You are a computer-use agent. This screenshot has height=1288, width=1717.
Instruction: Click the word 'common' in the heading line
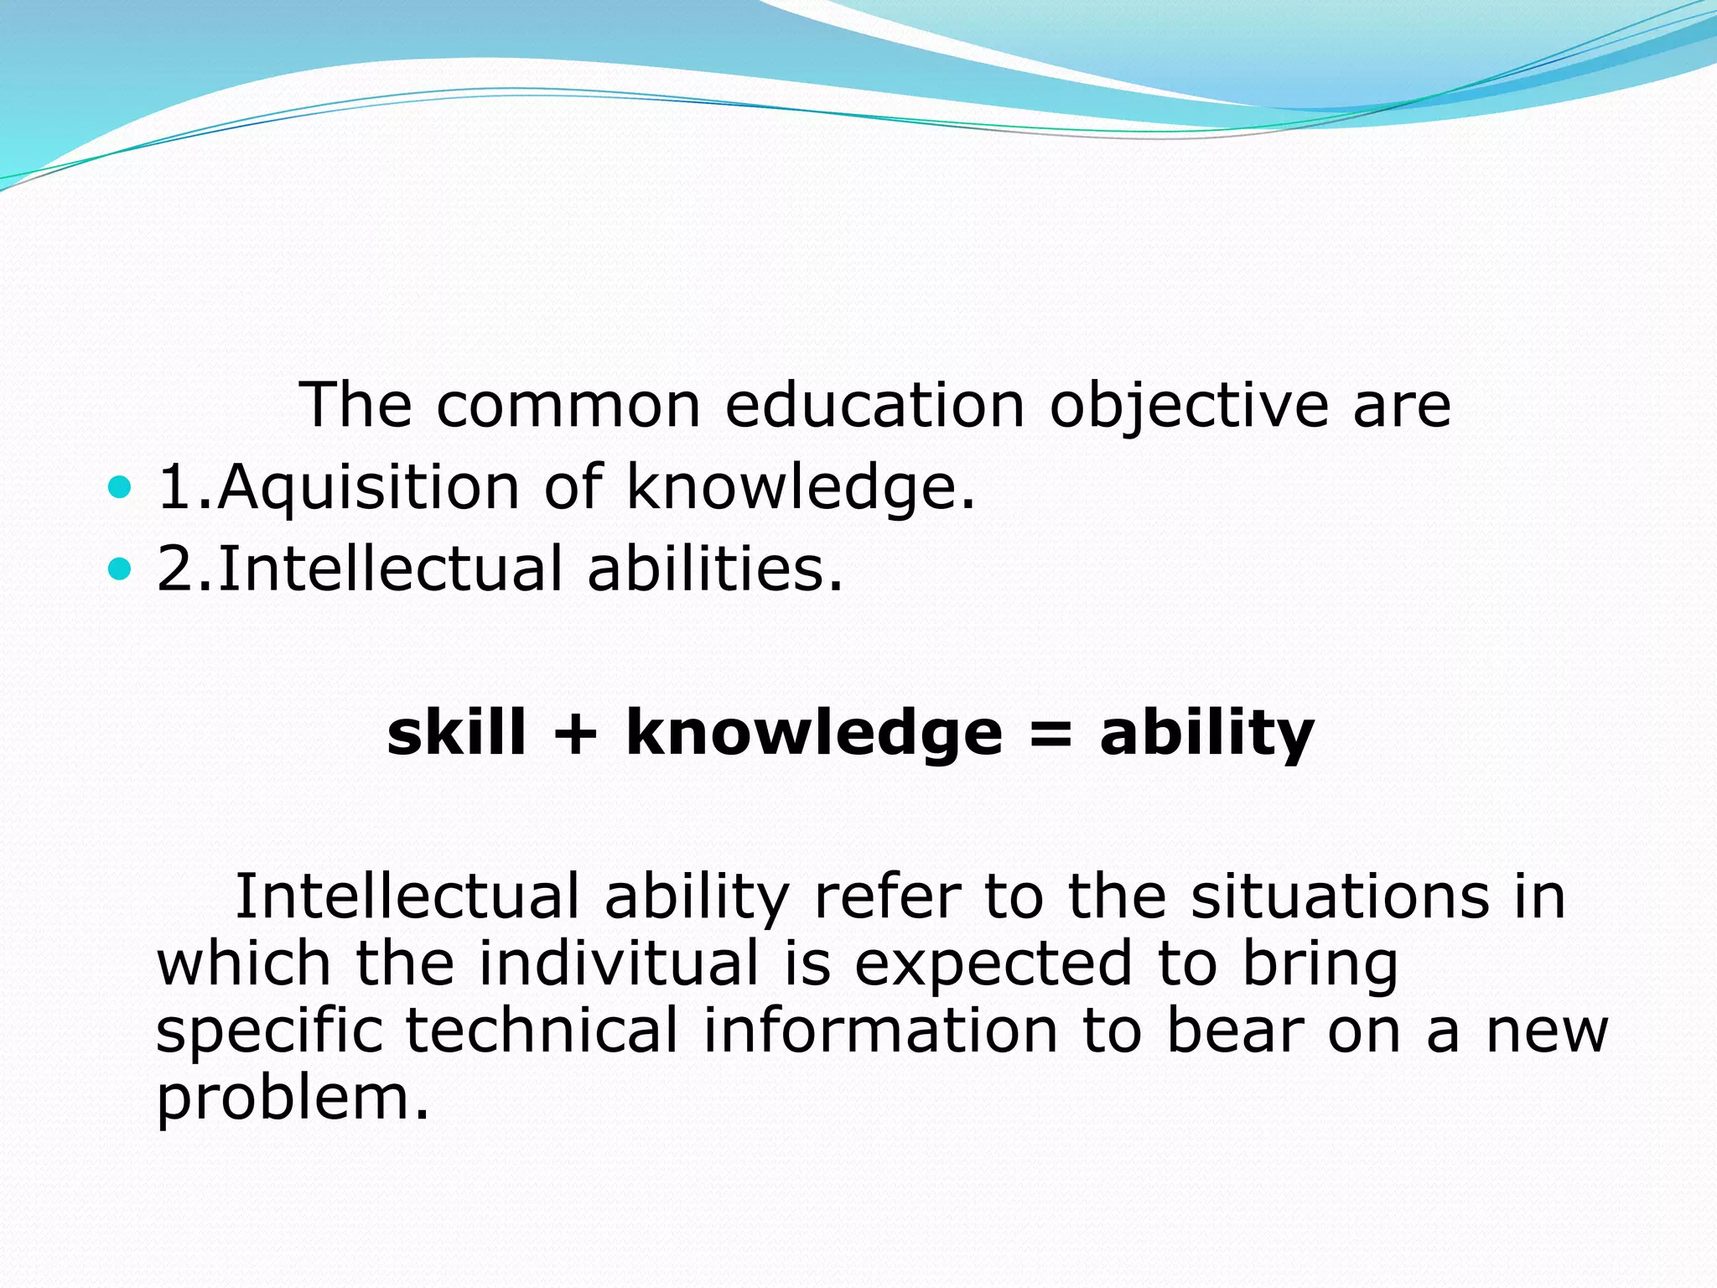point(568,407)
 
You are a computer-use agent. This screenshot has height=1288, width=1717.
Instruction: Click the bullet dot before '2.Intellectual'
point(121,569)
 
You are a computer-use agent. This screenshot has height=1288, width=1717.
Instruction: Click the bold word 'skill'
point(456,733)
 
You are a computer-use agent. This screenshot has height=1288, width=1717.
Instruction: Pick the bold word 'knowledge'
point(814,733)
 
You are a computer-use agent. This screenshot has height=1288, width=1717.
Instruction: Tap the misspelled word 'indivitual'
point(619,963)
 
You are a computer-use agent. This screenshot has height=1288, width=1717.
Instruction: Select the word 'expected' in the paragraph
point(993,965)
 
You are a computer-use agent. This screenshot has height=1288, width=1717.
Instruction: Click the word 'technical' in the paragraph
point(542,1031)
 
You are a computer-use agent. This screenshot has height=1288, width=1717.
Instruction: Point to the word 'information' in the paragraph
point(880,1031)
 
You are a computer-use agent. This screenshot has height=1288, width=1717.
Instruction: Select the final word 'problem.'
point(293,1098)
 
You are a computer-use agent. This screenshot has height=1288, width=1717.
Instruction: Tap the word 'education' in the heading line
point(874,407)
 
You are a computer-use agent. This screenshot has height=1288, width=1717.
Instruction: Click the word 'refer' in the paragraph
point(886,896)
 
